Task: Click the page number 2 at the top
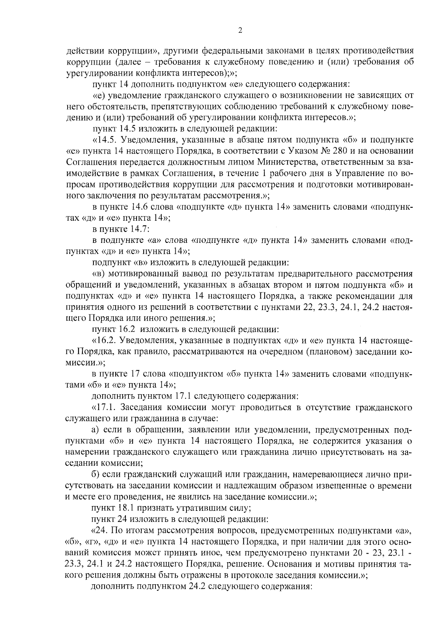click(240, 31)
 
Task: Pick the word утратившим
click(202, 508)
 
